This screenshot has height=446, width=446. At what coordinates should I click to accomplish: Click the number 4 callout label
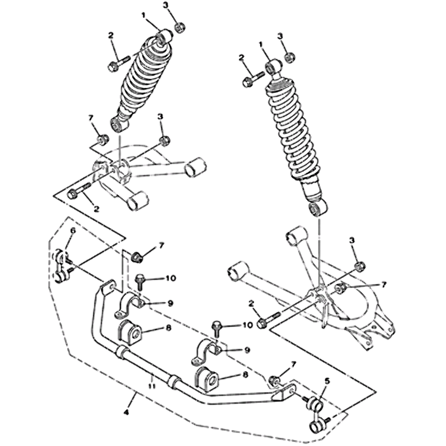pos(127,411)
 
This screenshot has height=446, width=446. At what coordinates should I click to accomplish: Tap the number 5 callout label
pos(327,381)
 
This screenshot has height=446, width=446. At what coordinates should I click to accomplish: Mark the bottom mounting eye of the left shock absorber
pos(119,124)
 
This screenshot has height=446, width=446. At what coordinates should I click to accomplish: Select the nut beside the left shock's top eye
pos(180,27)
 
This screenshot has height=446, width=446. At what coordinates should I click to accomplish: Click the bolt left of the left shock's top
pos(119,64)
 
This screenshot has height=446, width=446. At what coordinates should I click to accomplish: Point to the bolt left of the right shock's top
pos(253,79)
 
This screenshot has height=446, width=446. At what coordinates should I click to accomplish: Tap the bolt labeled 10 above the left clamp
pos(140,281)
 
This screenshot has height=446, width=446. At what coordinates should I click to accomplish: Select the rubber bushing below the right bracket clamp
pos(205,378)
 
